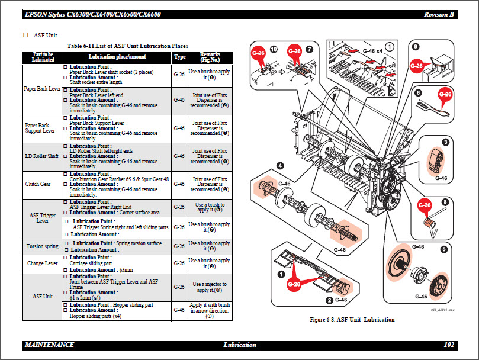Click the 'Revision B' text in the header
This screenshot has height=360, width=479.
(439, 14)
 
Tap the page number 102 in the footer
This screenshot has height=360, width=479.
(449, 345)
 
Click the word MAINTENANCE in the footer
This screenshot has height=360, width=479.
(50, 345)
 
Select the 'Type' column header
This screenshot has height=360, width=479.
(179, 57)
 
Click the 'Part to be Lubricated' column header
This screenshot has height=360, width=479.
(43, 57)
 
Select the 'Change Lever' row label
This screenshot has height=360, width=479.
(43, 263)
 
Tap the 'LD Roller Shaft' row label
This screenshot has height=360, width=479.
(43, 156)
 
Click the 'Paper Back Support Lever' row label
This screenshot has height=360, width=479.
(43, 128)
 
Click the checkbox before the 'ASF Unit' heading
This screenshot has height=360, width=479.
(25, 35)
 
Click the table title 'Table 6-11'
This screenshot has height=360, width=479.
(127, 46)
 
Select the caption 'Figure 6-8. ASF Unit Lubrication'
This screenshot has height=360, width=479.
(352, 320)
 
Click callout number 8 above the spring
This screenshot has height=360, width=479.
(445, 201)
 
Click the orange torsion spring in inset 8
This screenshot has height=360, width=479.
(428, 223)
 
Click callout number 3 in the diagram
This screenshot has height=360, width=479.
(445, 143)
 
